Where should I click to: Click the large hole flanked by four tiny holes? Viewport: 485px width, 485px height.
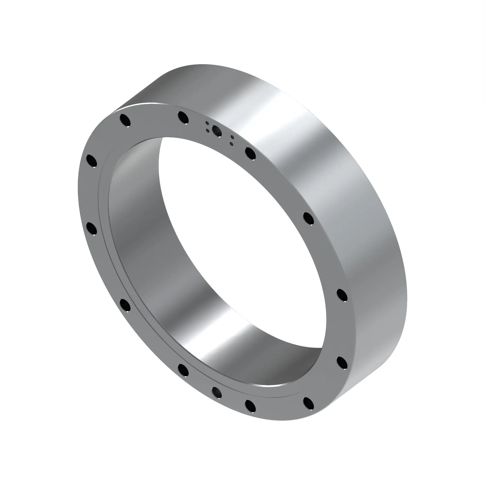click(217, 131)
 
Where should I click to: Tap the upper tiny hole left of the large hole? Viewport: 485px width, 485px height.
click(207, 123)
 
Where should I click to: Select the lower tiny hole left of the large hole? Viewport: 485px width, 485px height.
click(208, 130)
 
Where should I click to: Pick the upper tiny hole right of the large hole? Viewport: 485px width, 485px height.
click(233, 137)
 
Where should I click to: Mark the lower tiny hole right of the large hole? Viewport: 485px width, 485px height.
click(231, 144)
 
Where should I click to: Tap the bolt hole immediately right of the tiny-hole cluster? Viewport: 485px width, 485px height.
click(250, 154)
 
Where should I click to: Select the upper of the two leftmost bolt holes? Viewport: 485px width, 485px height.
click(91, 161)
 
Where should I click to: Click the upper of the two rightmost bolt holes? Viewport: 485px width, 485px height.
click(342, 295)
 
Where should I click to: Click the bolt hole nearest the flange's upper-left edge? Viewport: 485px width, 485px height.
click(125, 120)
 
